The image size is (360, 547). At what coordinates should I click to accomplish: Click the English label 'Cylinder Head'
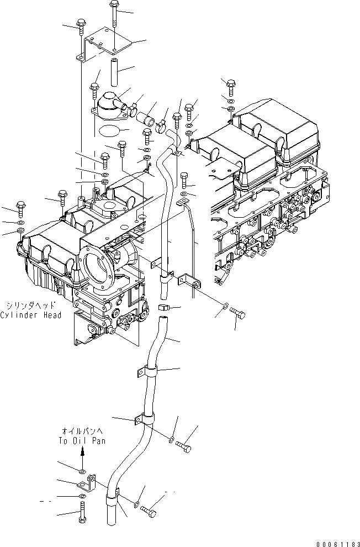[x=31, y=315]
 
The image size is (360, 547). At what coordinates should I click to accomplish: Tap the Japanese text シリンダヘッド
[x=31, y=305]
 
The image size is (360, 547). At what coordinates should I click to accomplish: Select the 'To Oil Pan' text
[x=81, y=441]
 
